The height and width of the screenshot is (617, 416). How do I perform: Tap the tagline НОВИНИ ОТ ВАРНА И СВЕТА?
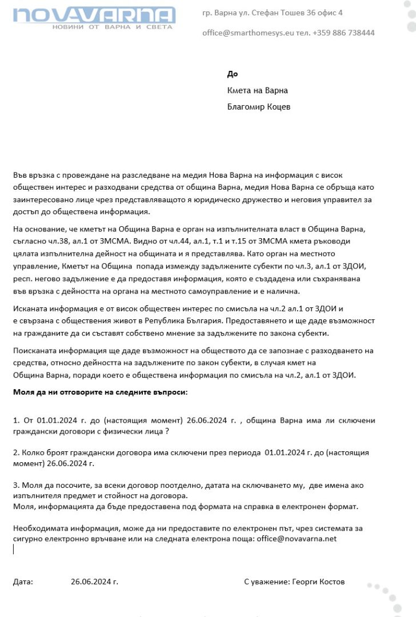[x=112, y=27]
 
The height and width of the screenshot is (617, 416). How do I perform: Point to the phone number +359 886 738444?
[x=343, y=33]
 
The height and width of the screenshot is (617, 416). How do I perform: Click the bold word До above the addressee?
[x=232, y=74]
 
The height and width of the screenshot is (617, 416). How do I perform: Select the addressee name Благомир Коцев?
[x=259, y=107]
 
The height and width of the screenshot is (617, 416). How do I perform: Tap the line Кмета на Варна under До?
[x=257, y=90]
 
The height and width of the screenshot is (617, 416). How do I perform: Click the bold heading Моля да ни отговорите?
[x=100, y=392]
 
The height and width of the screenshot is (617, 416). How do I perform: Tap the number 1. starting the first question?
[x=16, y=420]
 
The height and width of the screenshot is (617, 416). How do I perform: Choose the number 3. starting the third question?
[x=16, y=486]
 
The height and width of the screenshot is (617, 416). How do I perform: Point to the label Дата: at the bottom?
[x=23, y=582]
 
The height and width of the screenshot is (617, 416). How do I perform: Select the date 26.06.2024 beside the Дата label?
[x=94, y=582]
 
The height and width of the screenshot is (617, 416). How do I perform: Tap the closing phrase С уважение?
[x=266, y=582]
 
